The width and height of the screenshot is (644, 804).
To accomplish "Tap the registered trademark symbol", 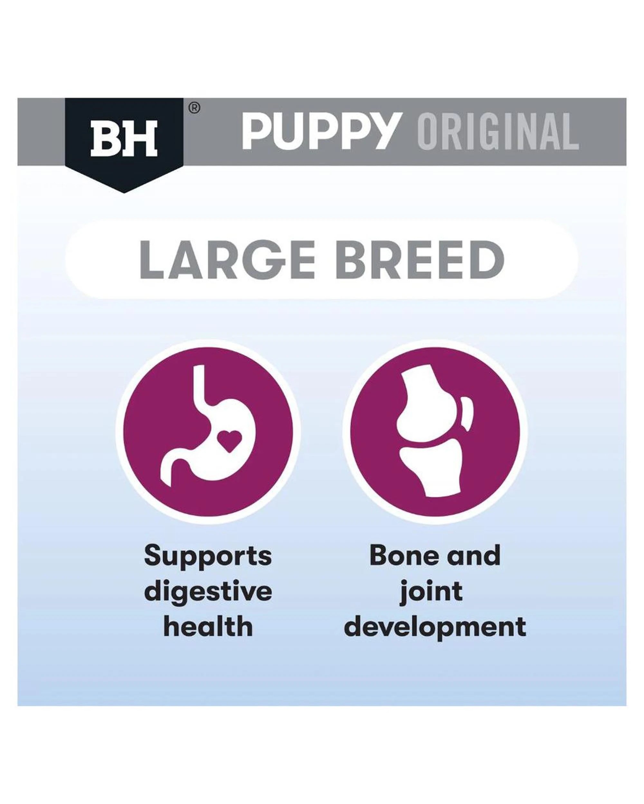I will click(194, 108).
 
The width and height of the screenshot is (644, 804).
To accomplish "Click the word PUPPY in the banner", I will click(321, 131).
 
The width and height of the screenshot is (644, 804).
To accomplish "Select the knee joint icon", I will click(435, 433).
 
